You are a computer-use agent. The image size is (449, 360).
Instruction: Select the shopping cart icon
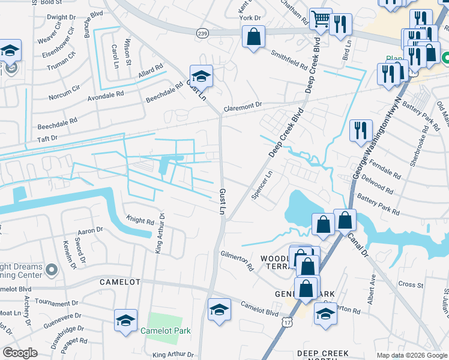[x=321, y=20]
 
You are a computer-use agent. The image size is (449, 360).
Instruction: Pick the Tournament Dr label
[x=57, y=303]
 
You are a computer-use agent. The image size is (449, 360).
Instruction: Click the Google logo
[x=20, y=353]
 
